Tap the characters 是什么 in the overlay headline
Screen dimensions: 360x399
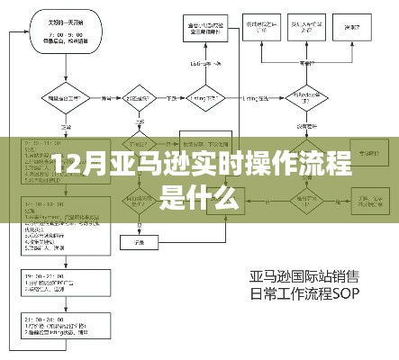click(199, 197)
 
